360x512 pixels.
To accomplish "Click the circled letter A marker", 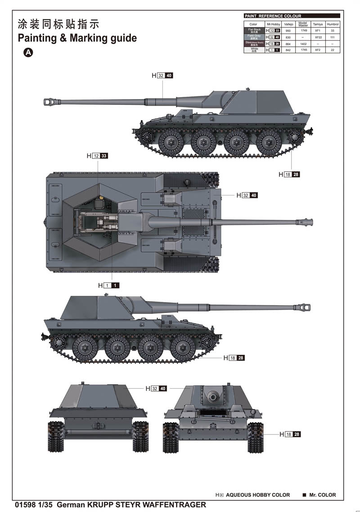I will pyautogui.click(x=28, y=53).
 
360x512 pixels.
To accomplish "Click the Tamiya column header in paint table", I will pyautogui.click(x=318, y=24).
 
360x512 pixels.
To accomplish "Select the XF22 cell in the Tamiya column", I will pyautogui.click(x=318, y=37).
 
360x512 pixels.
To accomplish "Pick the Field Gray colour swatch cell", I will pyautogui.click(x=254, y=36).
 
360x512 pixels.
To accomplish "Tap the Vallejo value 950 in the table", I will pyautogui.click(x=288, y=30).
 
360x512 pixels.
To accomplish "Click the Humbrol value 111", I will pyautogui.click(x=333, y=37).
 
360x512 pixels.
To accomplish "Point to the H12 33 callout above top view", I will pyautogui.click(x=98, y=156).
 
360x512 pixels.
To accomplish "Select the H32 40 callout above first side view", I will pyautogui.click(x=162, y=76).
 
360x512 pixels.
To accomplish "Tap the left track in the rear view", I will pyautogui.click(x=56, y=437).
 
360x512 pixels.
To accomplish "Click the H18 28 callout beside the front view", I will pyautogui.click(x=290, y=435).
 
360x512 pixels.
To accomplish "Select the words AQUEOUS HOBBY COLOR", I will pyautogui.click(x=258, y=495).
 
